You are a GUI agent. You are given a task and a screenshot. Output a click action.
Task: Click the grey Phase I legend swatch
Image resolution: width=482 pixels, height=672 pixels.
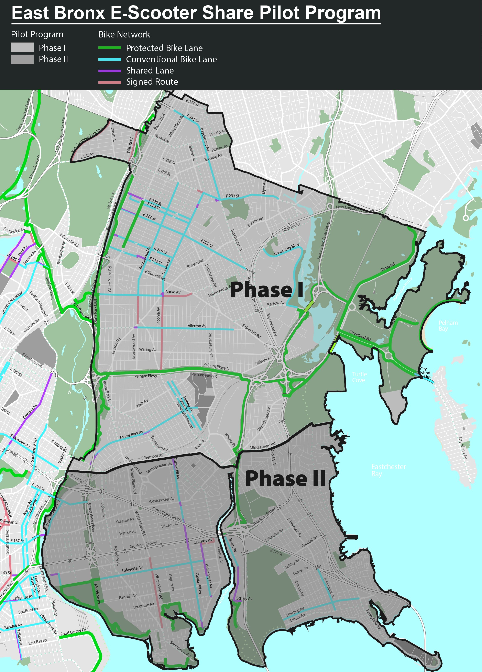pos(22,47)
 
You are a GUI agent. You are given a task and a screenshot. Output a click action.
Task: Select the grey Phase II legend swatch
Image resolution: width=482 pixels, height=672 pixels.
pos(22,59)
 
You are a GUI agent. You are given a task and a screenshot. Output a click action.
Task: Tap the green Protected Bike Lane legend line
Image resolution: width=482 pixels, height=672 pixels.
pos(110,48)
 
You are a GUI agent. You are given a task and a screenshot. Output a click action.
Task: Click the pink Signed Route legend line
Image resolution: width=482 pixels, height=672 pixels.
pos(110,82)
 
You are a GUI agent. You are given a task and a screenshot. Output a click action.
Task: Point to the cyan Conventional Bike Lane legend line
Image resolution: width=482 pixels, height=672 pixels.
pos(110,59)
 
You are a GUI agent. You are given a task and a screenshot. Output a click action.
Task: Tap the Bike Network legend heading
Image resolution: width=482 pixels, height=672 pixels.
pos(124,35)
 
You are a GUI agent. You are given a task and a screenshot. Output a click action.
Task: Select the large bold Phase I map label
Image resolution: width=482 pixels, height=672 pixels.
pos(267,290)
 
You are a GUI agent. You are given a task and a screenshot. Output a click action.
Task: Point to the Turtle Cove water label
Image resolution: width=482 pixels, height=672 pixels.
pos(360,377)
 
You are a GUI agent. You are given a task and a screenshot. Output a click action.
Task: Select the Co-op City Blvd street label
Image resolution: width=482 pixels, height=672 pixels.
pos(286,249)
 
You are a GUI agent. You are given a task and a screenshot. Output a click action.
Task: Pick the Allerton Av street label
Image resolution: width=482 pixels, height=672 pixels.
pos(197,326)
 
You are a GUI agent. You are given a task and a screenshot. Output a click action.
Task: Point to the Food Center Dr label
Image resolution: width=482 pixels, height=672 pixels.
pos(73,632)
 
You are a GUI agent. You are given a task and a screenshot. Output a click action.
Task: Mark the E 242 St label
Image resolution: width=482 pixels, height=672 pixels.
pos(192,102)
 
